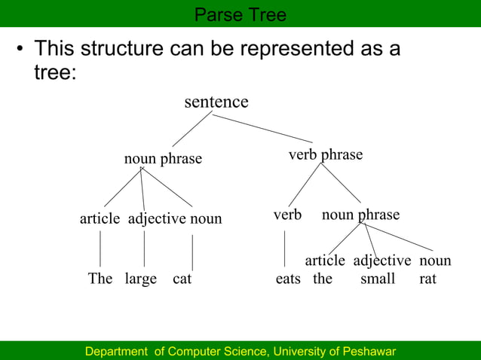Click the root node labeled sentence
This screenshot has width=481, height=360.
pyautogui.click(x=216, y=102)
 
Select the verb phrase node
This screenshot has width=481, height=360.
pyautogui.click(x=326, y=154)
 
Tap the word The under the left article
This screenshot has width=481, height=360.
pyautogui.click(x=100, y=279)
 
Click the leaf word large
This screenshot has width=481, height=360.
pyautogui.click(x=140, y=279)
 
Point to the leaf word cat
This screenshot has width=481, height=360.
pyautogui.click(x=182, y=279)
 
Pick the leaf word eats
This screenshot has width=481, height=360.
pyautogui.click(x=288, y=279)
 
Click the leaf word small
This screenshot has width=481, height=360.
pyautogui.click(x=378, y=279)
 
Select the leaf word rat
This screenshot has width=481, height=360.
pyautogui.click(x=428, y=279)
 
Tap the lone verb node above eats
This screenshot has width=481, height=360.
pyautogui.click(x=287, y=215)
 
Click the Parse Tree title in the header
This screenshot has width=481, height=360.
pyautogui.click(x=240, y=14)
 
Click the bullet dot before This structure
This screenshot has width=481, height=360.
pyautogui.click(x=21, y=51)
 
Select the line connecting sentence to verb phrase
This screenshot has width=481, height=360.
pyautogui.click(x=265, y=128)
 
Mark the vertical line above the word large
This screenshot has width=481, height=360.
pyautogui.click(x=144, y=249)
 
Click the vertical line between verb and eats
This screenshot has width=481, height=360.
pyautogui.click(x=284, y=249)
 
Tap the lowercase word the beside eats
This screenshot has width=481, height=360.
pyautogui.click(x=323, y=279)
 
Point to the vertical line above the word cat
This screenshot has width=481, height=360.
pyautogui.click(x=192, y=252)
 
